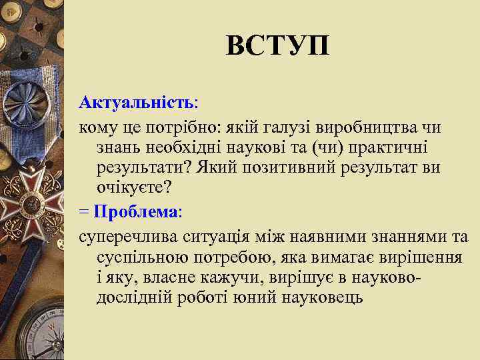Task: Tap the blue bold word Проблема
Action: click(x=137, y=213)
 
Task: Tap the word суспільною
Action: click(x=141, y=257)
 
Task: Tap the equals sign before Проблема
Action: click(x=83, y=213)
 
